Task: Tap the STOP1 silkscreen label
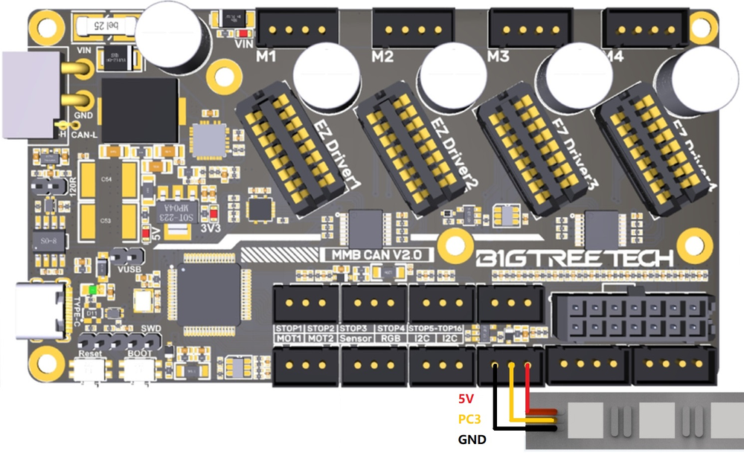pos(289,327)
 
